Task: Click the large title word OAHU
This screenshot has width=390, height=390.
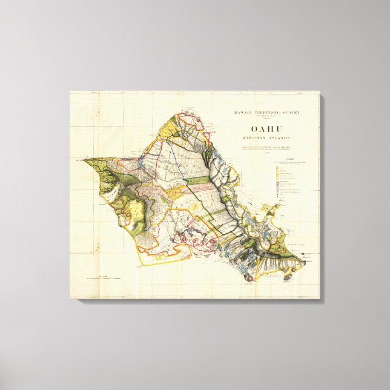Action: (x=267, y=128)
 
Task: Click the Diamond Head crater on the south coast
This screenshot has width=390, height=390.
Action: (x=248, y=277)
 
